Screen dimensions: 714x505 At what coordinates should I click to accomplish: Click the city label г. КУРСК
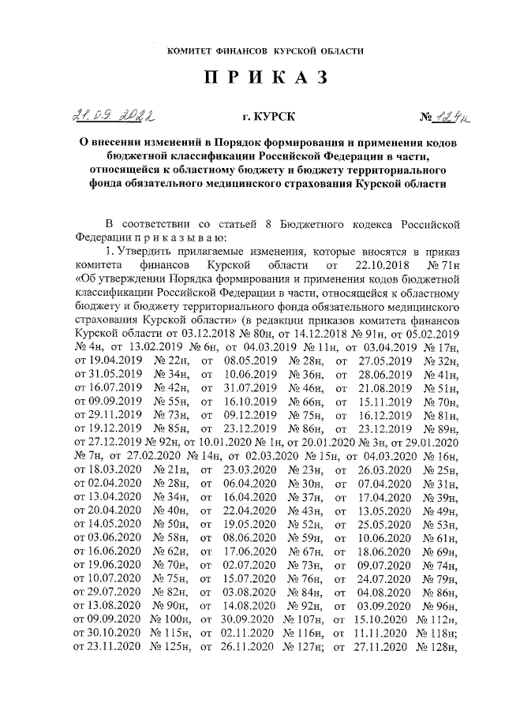pyautogui.click(x=269, y=118)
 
